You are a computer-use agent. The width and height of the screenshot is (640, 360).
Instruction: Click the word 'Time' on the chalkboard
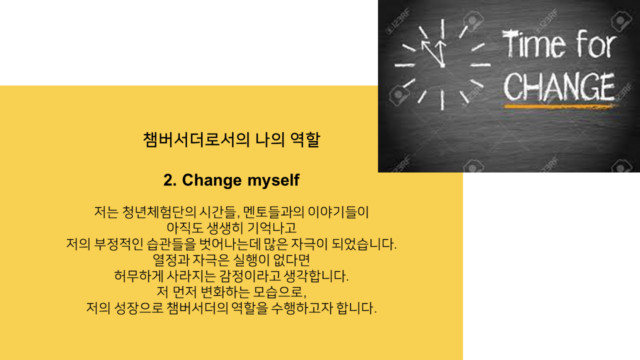[533, 44]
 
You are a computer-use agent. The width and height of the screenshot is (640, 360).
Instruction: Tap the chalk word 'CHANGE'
[559, 86]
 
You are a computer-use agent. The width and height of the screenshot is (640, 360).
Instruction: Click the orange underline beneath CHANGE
[560, 106]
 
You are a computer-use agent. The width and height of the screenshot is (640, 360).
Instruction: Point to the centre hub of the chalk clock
[442, 65]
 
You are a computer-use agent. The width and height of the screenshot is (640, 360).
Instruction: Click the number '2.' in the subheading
[170, 180]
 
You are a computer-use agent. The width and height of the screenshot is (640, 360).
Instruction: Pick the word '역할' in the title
[305, 139]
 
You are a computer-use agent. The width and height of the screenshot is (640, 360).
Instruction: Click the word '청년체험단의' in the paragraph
[159, 212]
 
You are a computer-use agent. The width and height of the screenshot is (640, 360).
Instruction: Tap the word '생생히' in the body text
[224, 228]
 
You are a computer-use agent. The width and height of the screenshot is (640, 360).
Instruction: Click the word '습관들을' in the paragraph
[171, 244]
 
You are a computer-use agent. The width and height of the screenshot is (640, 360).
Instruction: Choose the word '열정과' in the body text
[171, 260]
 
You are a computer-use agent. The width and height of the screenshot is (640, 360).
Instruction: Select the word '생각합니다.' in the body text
[316, 276]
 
